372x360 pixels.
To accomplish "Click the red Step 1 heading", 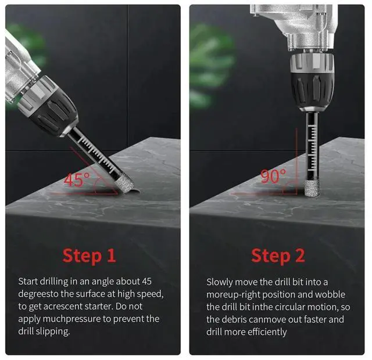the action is click(89, 256).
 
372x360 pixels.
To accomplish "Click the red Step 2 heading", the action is click(278, 256).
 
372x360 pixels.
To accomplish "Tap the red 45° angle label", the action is click(77, 179).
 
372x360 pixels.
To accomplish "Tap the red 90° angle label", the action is click(273, 175).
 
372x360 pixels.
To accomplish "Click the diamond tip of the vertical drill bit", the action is click(311, 188).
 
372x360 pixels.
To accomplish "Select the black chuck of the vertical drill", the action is click(312, 90).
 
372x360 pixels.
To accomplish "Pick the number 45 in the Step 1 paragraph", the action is click(147, 281).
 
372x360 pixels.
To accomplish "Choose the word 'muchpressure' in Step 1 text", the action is click(71, 319).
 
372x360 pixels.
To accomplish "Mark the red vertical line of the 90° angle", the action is click(296, 161).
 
